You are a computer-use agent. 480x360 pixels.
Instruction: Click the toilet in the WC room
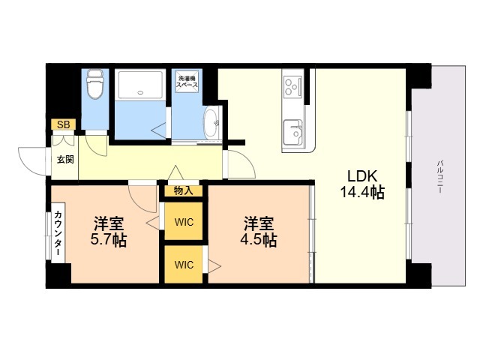tap(95, 84)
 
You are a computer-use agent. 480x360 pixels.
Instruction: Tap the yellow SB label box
tap(63, 124)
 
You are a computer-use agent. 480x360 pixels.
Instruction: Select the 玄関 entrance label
tap(65, 160)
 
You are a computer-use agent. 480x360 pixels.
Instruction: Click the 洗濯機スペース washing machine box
tap(187, 81)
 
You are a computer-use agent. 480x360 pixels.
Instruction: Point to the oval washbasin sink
tap(211, 123)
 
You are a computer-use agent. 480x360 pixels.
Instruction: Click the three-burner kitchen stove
tap(292, 87)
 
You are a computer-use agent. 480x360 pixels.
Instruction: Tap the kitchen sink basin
tap(293, 132)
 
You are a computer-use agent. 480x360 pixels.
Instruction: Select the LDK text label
tap(362, 176)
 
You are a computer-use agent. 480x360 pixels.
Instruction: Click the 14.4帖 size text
tap(362, 192)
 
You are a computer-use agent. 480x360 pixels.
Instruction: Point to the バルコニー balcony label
tap(440, 176)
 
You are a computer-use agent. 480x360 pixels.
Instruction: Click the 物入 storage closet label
tap(183, 190)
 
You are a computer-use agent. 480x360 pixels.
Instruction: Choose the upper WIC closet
tap(184, 221)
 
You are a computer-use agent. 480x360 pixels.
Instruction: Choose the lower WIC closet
tap(184, 264)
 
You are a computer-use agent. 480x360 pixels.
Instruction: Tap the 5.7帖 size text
tap(109, 240)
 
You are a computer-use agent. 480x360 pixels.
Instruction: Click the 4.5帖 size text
tap(259, 240)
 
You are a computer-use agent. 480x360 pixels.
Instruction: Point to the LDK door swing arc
tap(247, 160)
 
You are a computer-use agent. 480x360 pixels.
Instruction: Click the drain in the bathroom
tap(140, 92)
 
